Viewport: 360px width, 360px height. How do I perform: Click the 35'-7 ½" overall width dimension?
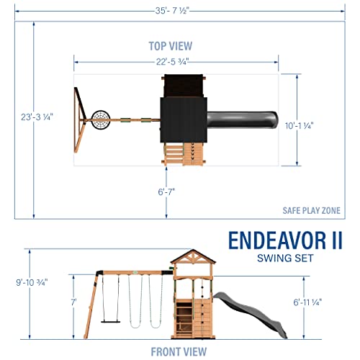coord(180,9)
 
